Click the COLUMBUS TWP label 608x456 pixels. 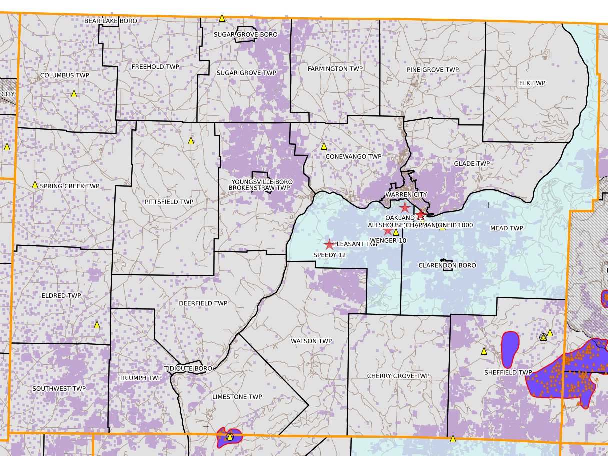(64, 75)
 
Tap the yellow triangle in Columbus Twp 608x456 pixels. (74, 94)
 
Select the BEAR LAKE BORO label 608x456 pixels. (111, 21)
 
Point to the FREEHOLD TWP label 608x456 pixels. (155, 67)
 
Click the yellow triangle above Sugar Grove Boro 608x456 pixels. (222, 18)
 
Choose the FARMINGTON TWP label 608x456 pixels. (335, 68)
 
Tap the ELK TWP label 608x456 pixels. (532, 83)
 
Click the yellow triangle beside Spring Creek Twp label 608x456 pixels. (35, 185)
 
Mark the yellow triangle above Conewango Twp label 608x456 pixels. (324, 146)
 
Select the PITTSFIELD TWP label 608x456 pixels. (169, 202)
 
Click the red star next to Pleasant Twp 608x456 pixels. (329, 244)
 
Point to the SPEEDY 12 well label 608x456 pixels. (330, 255)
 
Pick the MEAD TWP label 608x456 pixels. (506, 228)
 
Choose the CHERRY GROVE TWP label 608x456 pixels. (398, 376)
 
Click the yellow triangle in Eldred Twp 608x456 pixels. (97, 324)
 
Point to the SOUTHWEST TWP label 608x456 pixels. (59, 389)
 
